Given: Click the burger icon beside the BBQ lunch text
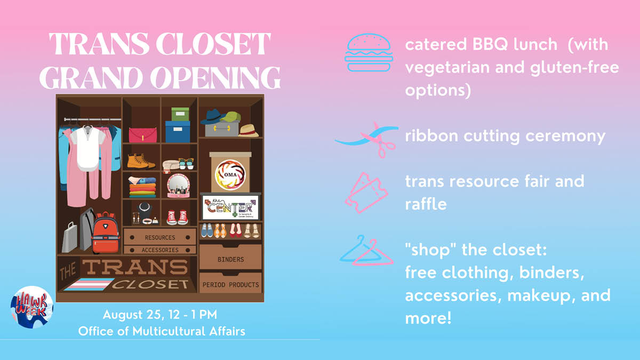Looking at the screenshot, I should tap(369, 52).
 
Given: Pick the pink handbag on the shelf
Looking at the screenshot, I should tap(142, 134).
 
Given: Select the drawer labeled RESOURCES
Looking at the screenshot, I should tap(159, 237).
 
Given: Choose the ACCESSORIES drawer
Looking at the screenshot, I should tap(159, 250).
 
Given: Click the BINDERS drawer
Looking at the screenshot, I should tap(230, 259).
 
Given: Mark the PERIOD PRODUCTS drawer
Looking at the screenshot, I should tap(230, 285).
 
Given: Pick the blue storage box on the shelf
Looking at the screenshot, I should tap(177, 132).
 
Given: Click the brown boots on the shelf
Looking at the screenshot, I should tap(140, 161).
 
